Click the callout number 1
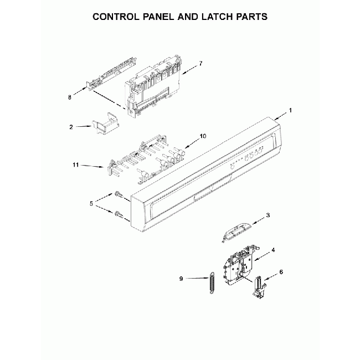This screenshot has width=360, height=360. point(290,110)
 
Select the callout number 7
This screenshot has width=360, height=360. point(201,64)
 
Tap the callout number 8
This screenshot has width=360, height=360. point(70,97)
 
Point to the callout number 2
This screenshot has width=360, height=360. point(71,127)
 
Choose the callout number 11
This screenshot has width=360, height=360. point(76,165)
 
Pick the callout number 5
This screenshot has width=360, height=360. point(92,203)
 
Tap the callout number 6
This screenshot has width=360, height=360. point(281,272)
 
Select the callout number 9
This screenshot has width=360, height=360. point(182,279)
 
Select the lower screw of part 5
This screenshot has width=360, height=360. point(120,214)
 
